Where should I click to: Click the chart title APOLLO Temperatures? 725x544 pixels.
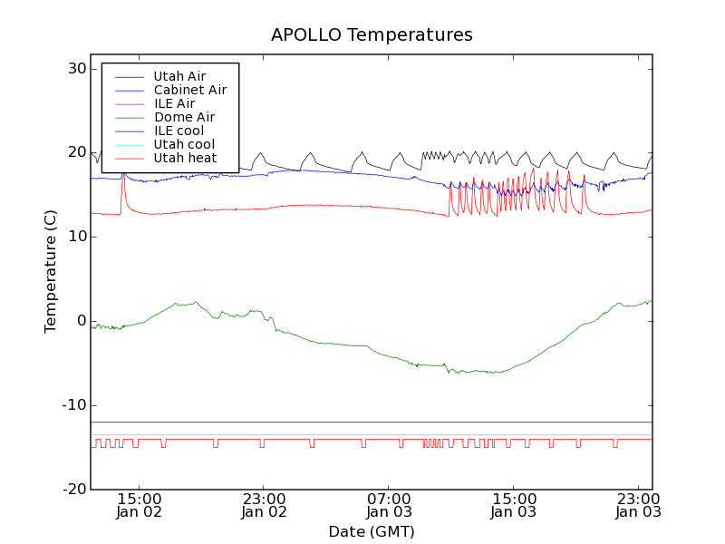pyautogui.click(x=372, y=35)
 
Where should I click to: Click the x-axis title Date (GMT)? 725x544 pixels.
pyautogui.click(x=372, y=531)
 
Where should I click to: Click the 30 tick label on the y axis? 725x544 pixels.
pyautogui.click(x=76, y=69)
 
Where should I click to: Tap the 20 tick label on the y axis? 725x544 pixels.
pyautogui.click(x=76, y=152)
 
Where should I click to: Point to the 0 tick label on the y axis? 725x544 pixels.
pyautogui.click(x=82, y=321)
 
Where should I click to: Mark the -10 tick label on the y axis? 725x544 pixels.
pyautogui.click(x=73, y=405)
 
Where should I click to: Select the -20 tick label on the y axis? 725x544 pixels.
pyautogui.click(x=73, y=490)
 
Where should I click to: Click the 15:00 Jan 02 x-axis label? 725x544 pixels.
pyautogui.click(x=139, y=504)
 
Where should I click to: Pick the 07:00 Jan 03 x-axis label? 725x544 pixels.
pyautogui.click(x=389, y=504)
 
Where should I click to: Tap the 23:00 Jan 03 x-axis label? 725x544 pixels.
pyautogui.click(x=639, y=504)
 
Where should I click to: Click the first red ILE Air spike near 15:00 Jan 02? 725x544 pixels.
pyautogui.click(x=122, y=176)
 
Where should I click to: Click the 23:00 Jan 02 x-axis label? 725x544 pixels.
pyautogui.click(x=264, y=504)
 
